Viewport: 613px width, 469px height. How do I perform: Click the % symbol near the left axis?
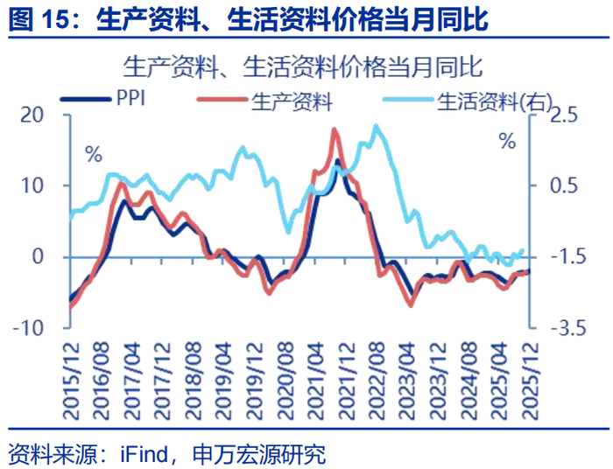[94, 155]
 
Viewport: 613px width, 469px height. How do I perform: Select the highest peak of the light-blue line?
[376, 126]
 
